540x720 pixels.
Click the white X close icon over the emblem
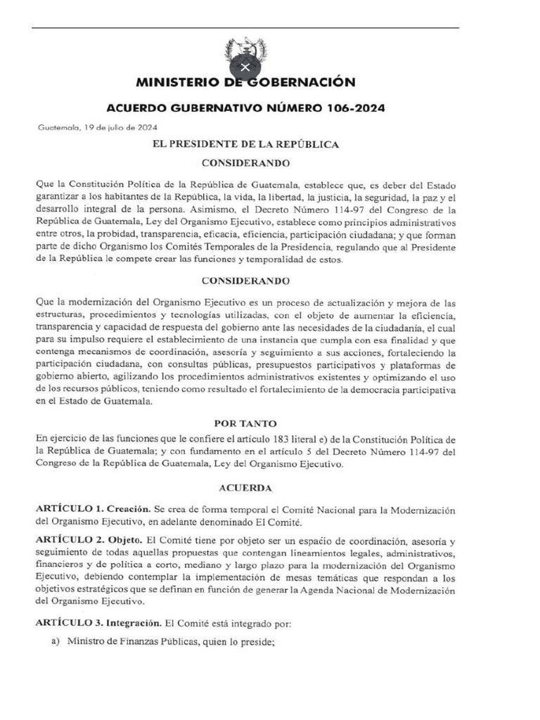click(x=245, y=67)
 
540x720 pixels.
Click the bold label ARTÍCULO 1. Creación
click(x=92, y=508)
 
